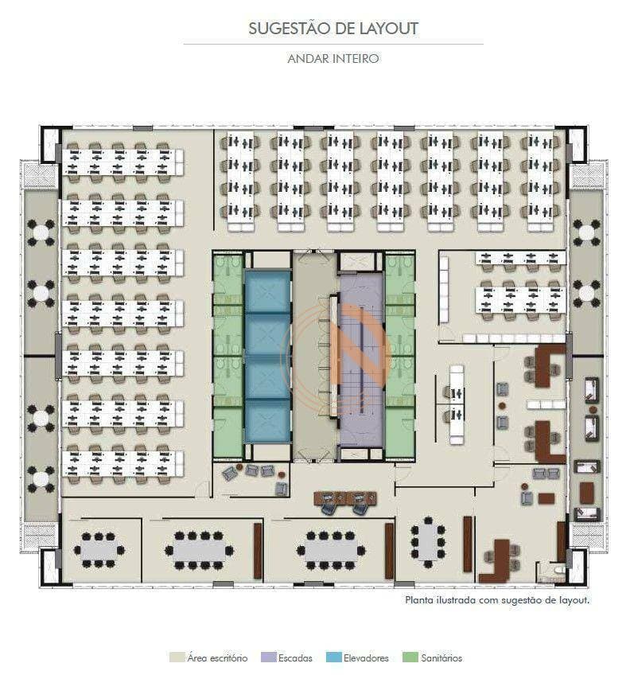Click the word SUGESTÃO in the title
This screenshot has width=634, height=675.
click(x=284, y=29)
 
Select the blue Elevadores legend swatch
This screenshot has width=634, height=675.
click(x=333, y=657)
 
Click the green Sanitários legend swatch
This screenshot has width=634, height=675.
click(x=410, y=657)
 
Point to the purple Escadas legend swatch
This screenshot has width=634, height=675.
click(x=268, y=657)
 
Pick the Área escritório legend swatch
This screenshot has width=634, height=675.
click(x=177, y=657)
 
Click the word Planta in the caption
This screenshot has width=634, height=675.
click(x=419, y=599)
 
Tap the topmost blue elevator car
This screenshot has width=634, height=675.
click(x=267, y=291)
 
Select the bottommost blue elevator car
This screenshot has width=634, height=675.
click(x=267, y=421)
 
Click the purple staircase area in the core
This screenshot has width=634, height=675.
click(x=362, y=361)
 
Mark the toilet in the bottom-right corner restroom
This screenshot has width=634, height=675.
click(x=559, y=570)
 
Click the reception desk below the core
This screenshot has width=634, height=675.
click(x=345, y=498)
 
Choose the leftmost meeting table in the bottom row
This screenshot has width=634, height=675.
click(x=99, y=550)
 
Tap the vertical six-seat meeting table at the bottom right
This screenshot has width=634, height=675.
click(x=427, y=542)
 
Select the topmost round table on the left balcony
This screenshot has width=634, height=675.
click(x=41, y=233)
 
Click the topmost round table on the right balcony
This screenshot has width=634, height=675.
click(x=585, y=233)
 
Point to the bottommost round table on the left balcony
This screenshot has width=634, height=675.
click(x=41, y=478)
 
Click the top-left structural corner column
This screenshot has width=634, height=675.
click(x=50, y=144)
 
